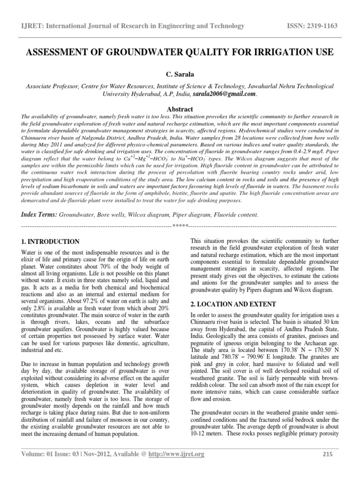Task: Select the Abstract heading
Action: point(180,107)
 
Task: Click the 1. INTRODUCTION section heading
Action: point(51,241)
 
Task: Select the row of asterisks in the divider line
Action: point(180,226)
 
